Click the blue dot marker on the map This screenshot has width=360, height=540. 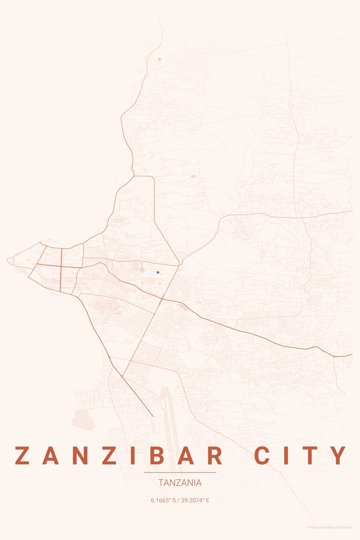click(158, 272)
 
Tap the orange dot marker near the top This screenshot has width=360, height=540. click(159, 59)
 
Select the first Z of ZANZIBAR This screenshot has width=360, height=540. click(22, 455)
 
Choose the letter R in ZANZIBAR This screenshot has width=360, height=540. click(215, 455)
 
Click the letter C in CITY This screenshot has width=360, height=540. click(264, 455)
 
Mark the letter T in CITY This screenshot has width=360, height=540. click(311, 455)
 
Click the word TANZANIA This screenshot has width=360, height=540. click(180, 483)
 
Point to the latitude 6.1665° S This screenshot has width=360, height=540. click(163, 500)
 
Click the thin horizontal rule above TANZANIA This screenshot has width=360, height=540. click(180, 473)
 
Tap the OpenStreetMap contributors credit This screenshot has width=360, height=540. click(330, 527)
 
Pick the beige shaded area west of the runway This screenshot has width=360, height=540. click(83, 419)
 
